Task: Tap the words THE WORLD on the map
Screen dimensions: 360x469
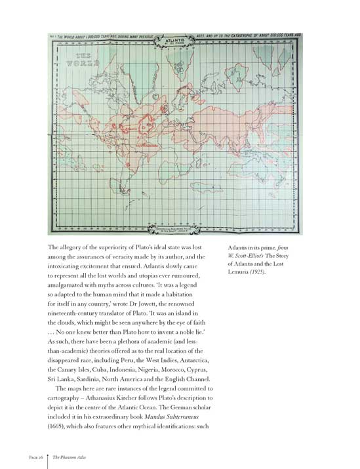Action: (x=83, y=63)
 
